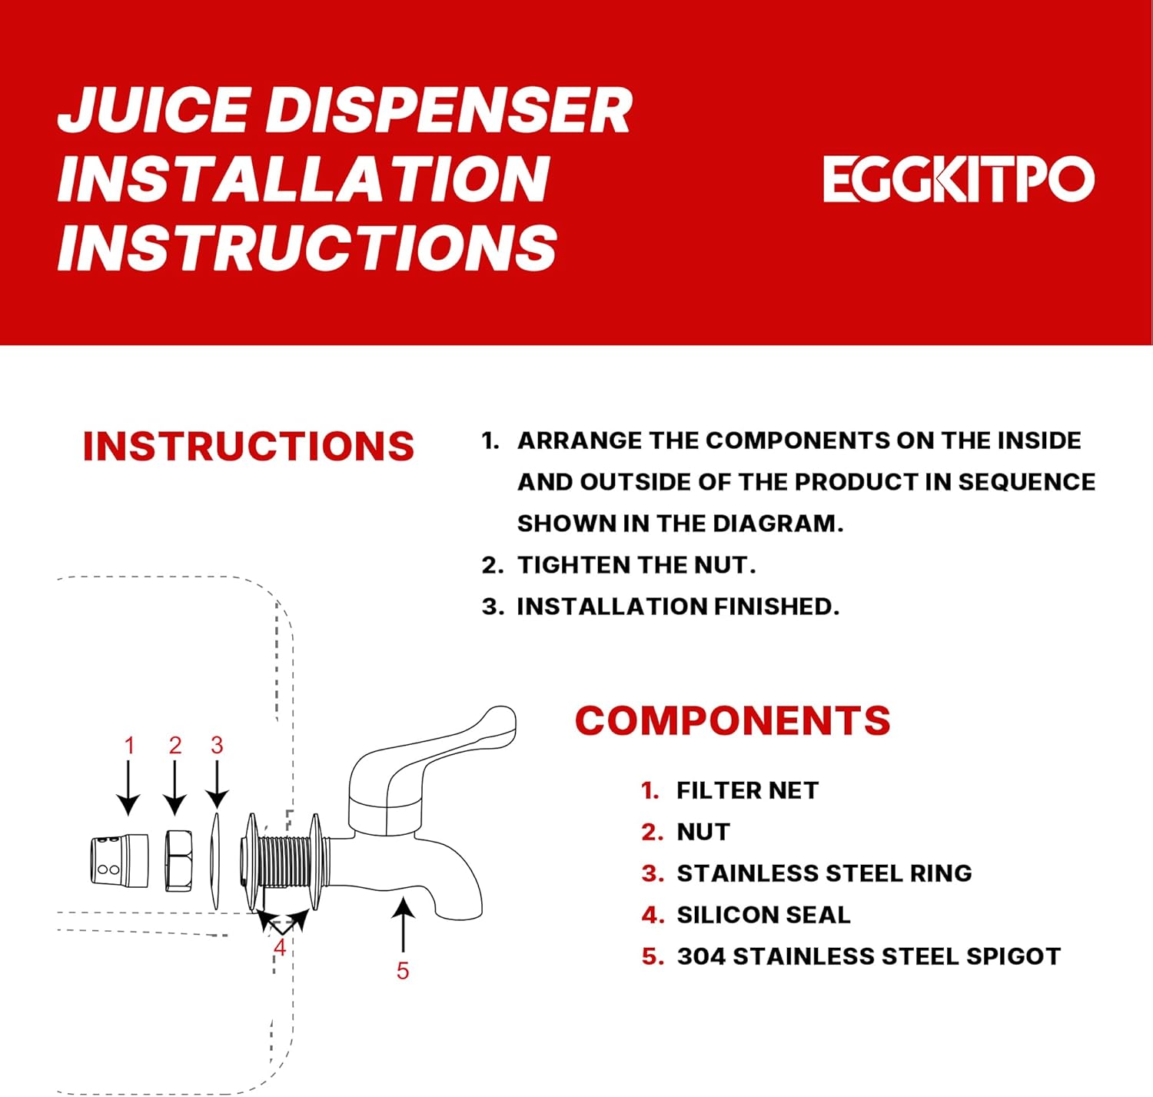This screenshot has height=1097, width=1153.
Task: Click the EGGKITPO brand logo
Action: (x=958, y=179)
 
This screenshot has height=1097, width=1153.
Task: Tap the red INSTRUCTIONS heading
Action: (x=248, y=447)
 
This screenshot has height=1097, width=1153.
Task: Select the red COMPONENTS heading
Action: (x=733, y=721)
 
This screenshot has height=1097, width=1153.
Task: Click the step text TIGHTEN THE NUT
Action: (x=636, y=565)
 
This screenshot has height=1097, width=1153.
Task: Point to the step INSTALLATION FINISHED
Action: (x=677, y=607)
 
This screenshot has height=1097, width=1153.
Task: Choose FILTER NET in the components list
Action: (x=747, y=790)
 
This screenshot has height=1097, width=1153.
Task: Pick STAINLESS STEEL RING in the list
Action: (x=824, y=873)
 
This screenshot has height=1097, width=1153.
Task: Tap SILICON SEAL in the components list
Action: (x=763, y=915)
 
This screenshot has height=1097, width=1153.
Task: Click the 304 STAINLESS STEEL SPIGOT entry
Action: (x=869, y=956)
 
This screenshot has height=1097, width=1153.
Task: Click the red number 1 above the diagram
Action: (x=129, y=745)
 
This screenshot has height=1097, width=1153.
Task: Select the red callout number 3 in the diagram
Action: (x=217, y=745)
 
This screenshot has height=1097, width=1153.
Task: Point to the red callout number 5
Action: (x=403, y=971)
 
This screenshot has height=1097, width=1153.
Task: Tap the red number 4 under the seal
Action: (x=280, y=948)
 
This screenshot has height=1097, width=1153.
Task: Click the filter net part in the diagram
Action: (x=119, y=860)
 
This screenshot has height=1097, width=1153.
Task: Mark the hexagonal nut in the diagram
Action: (x=178, y=861)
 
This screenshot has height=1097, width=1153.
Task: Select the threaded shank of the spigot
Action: (x=284, y=860)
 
